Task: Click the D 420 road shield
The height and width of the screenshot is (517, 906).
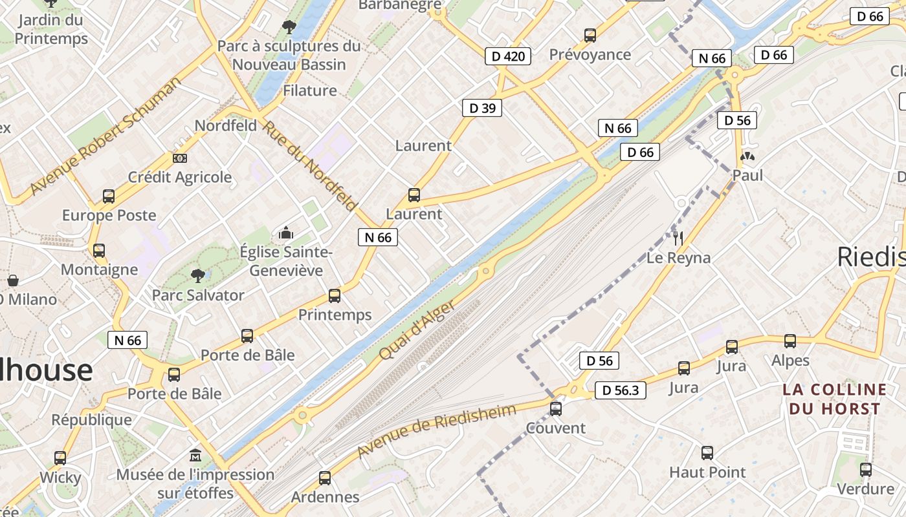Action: (508, 56)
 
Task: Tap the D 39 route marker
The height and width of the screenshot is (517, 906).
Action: (482, 108)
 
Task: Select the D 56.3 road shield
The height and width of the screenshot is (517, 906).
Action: (620, 390)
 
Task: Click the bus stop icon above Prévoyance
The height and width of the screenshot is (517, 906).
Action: (590, 36)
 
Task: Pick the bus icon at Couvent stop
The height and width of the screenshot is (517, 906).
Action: (555, 408)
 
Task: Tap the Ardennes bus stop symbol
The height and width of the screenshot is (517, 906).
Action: (325, 478)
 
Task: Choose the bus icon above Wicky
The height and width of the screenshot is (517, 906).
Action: (60, 458)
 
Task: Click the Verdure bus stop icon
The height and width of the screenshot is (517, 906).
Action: (865, 470)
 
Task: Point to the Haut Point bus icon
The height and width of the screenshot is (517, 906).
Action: (707, 453)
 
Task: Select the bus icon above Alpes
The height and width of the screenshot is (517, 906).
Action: (790, 341)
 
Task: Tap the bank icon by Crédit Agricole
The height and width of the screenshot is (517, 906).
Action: (180, 158)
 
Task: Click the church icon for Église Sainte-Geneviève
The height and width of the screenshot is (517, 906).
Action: (285, 233)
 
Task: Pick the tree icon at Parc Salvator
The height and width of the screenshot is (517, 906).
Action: (198, 276)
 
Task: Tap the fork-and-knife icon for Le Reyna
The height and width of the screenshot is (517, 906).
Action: (678, 238)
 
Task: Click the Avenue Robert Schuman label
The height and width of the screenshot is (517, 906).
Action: (106, 136)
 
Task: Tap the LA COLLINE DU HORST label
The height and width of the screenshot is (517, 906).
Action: (834, 399)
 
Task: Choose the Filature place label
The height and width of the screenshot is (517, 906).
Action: (310, 90)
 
